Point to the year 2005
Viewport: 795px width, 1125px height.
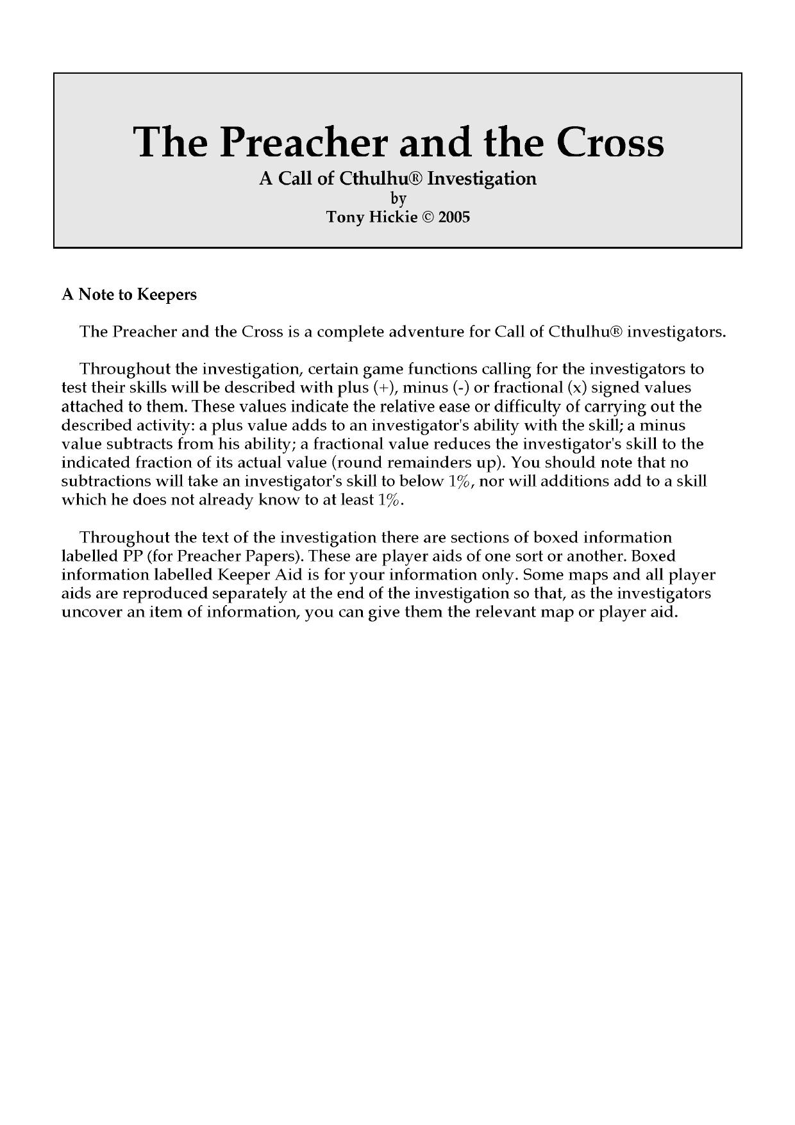point(454,217)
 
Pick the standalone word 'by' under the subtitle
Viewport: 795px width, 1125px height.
point(398,198)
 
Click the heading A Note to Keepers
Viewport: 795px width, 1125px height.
point(129,294)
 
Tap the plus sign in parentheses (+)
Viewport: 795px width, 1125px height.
point(385,388)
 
